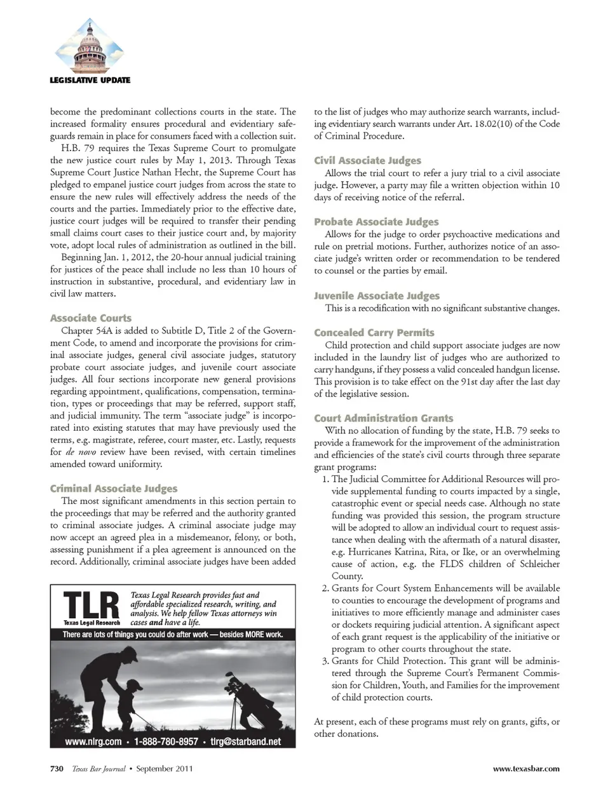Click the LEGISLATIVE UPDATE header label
[x=90, y=80]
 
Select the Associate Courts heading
[x=91, y=318]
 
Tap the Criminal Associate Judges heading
[x=114, y=488]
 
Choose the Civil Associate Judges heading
[x=367, y=160]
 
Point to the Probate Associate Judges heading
[x=376, y=221]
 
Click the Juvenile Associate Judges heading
[x=377, y=295]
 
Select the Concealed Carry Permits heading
[x=374, y=332]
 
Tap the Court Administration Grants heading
[x=384, y=418]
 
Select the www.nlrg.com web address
[x=93, y=741]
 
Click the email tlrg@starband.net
[x=245, y=741]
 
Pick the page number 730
[x=57, y=768]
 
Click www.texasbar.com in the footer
[x=526, y=768]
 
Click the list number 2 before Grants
[x=325, y=588]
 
